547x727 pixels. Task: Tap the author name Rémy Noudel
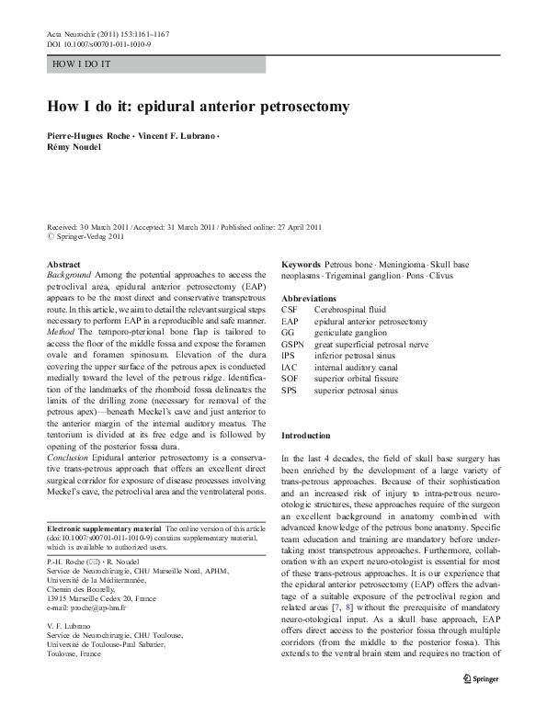tap(74, 147)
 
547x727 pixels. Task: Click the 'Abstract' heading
tap(62, 265)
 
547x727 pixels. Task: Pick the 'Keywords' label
tap(301, 265)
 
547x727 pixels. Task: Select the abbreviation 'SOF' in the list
tap(291, 378)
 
